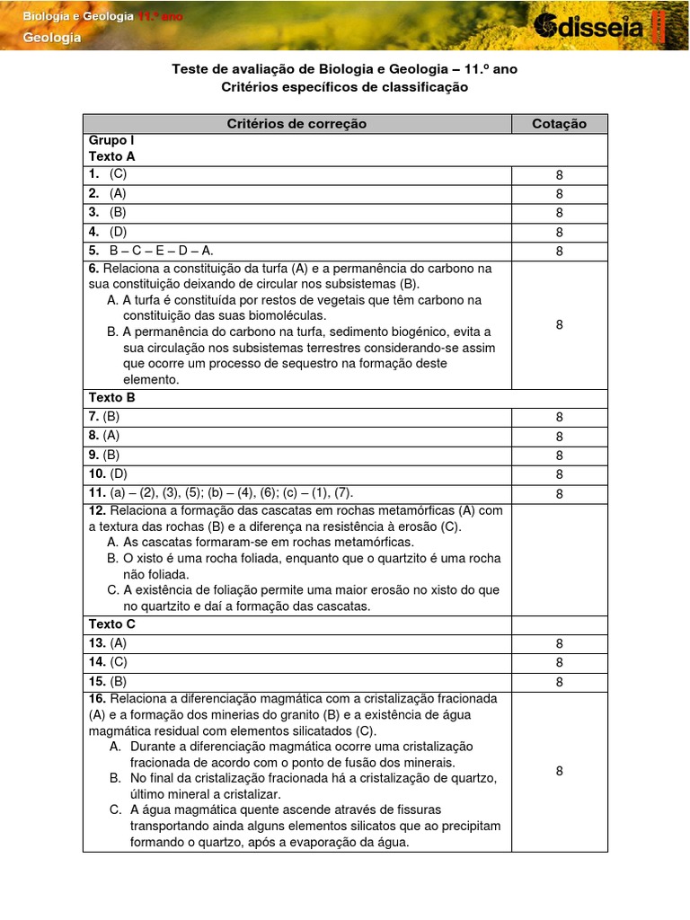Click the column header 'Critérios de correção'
(x=296, y=124)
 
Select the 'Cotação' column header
(x=559, y=124)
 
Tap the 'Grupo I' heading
(x=111, y=140)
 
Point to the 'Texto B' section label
(x=112, y=396)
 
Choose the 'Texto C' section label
(x=112, y=624)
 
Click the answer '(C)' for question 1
(x=119, y=174)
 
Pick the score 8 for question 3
(x=559, y=213)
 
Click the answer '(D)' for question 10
(x=119, y=473)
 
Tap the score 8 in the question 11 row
(x=559, y=493)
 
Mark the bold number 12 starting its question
(x=97, y=510)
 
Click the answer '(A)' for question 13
(x=119, y=643)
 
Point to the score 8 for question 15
(x=559, y=682)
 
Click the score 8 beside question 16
(x=559, y=771)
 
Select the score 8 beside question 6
(x=559, y=324)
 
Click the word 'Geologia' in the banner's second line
(x=51, y=38)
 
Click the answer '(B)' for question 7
(x=111, y=416)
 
